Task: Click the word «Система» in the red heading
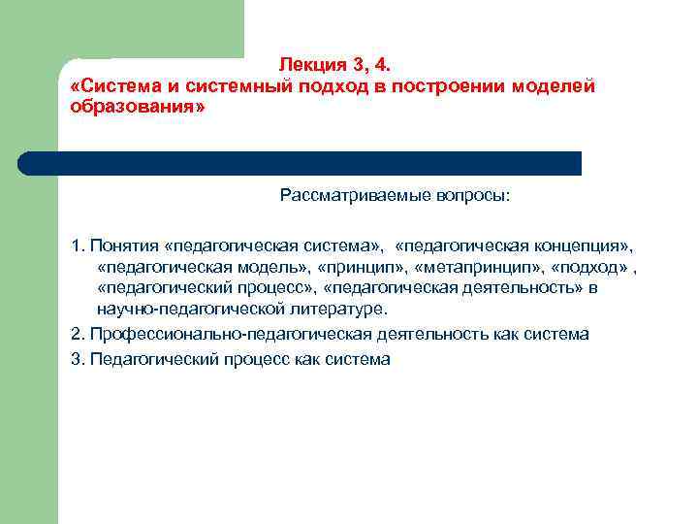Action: [112, 86]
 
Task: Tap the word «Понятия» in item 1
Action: [124, 240]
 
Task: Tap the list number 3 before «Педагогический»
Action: [76, 358]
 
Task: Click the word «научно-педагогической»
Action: [178, 311]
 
